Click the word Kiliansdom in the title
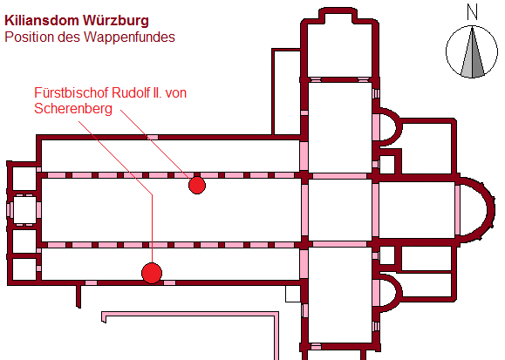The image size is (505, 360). [42, 21]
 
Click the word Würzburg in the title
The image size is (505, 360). [116, 21]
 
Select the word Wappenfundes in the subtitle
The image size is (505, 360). [129, 37]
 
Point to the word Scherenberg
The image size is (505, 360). [73, 108]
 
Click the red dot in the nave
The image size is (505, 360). [197, 186]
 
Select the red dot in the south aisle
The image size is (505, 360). [152, 273]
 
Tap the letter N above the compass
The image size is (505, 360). [472, 13]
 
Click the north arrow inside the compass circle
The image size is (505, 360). [472, 52]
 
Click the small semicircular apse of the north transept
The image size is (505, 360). [391, 127]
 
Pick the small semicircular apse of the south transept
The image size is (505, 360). [391, 293]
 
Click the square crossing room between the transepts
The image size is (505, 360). [340, 209]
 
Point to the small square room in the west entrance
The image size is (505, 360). [24, 209]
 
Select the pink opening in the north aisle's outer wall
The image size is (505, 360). [153, 137]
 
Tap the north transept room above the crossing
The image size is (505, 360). [340, 127]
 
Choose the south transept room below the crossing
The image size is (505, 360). [340, 295]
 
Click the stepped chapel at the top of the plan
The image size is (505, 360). [340, 45]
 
